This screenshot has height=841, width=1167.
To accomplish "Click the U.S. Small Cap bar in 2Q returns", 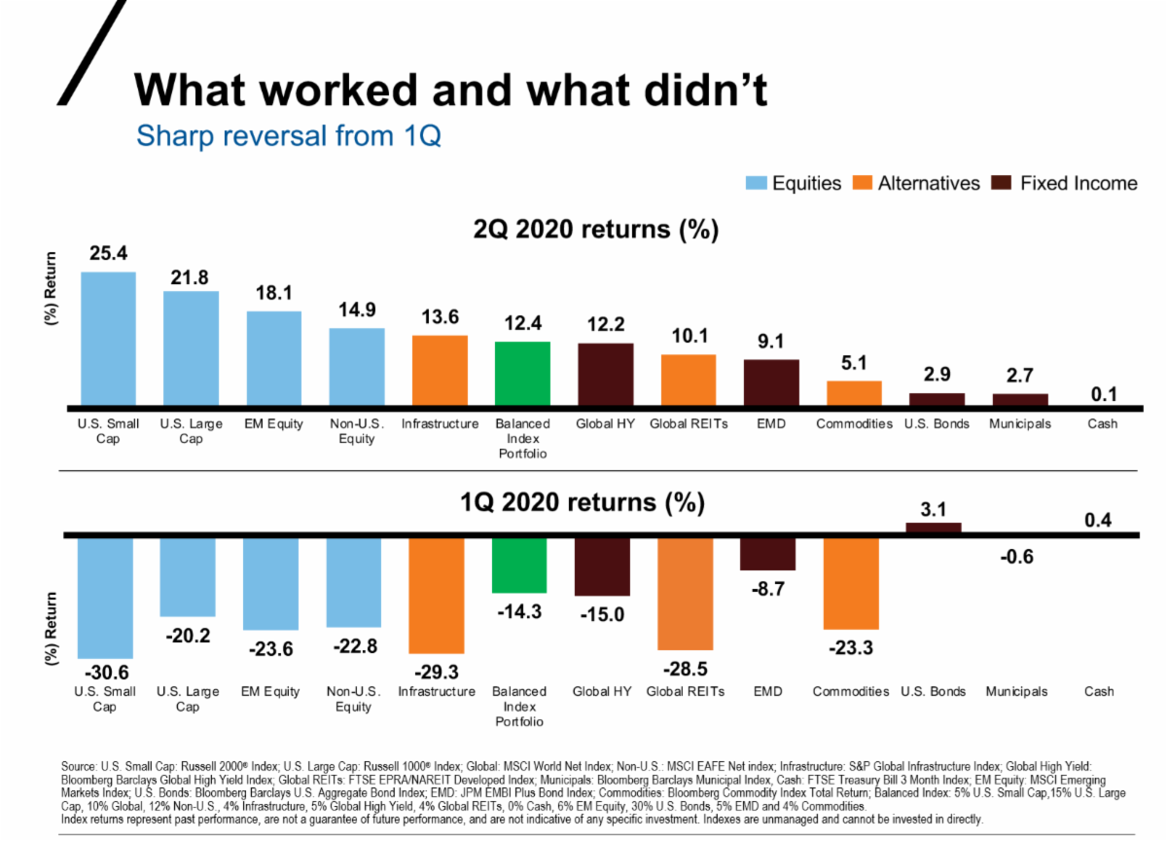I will pos(108,338).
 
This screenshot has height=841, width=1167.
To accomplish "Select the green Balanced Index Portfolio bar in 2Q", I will pos(522,373).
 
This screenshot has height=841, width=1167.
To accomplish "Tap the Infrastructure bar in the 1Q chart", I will pos(437,594).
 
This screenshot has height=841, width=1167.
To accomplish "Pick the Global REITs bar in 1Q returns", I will pos(686,592).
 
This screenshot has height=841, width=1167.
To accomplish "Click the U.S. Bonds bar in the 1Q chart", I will pos(934,528).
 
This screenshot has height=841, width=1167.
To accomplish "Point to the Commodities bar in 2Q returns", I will pos(854,392).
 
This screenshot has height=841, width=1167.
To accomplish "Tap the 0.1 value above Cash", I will pos(1104,394).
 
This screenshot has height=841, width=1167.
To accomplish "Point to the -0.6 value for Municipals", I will pos(1015,557).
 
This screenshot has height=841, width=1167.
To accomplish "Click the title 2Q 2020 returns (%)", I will pos(595,230).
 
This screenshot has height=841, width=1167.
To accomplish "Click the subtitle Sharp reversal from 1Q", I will pos(289,134).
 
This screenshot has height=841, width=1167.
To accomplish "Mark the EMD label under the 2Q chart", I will pos(771,424).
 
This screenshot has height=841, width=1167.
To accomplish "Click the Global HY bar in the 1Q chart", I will pos(603,565).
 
